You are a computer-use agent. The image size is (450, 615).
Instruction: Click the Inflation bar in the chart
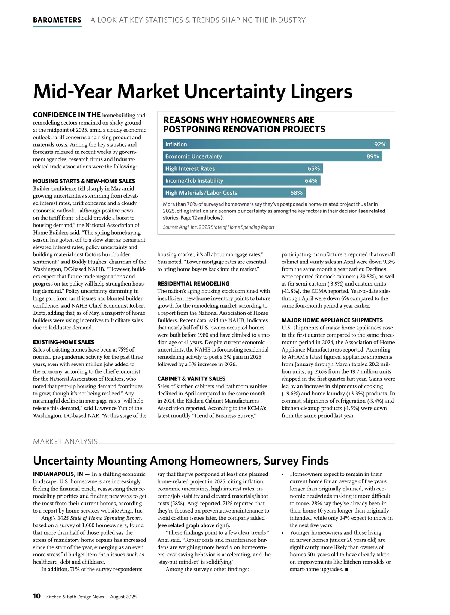276,144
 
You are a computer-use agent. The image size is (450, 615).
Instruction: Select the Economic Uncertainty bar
272,156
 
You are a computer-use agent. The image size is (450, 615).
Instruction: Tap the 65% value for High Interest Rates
313,169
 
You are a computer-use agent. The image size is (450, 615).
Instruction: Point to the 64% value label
311,181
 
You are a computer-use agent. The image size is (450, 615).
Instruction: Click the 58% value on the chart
296,193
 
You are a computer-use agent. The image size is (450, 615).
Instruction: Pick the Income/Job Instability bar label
194,181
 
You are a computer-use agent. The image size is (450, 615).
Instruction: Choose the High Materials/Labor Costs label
201,193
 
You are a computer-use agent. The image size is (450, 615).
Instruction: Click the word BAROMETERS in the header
57,20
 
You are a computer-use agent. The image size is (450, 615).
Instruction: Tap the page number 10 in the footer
37,596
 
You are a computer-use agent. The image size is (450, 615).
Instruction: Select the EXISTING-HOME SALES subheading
63,342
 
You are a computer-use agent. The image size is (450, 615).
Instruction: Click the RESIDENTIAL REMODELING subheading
193,284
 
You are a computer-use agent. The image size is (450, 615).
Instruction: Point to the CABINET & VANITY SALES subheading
191,379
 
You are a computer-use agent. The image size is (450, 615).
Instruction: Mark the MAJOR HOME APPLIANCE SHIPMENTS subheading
332,320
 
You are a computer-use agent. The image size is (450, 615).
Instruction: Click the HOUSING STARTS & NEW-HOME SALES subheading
84,181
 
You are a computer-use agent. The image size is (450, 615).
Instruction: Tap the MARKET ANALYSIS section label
65,442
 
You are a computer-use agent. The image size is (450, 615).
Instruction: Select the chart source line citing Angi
218,227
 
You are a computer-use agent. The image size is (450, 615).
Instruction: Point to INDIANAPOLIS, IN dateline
58,474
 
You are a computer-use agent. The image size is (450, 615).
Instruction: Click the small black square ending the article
346,570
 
